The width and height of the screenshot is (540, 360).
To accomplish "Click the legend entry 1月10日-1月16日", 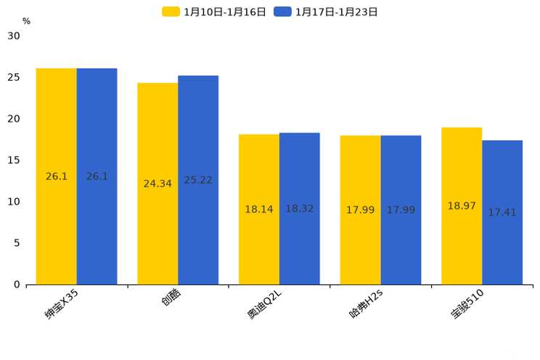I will [x=215, y=12].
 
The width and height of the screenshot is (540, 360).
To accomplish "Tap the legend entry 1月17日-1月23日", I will [x=326, y=12].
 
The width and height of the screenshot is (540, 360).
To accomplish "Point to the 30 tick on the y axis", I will [x=14, y=36].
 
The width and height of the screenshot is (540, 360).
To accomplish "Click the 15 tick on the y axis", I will [x=14, y=160].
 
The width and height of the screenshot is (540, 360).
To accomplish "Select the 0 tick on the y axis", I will [x=17, y=285].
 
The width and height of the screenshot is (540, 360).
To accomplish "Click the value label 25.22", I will [x=198, y=180].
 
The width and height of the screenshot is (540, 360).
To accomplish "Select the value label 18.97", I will [x=462, y=206].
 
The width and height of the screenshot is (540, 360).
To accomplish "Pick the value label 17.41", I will [x=502, y=213].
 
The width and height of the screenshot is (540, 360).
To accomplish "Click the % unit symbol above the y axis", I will [x=26, y=21].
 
